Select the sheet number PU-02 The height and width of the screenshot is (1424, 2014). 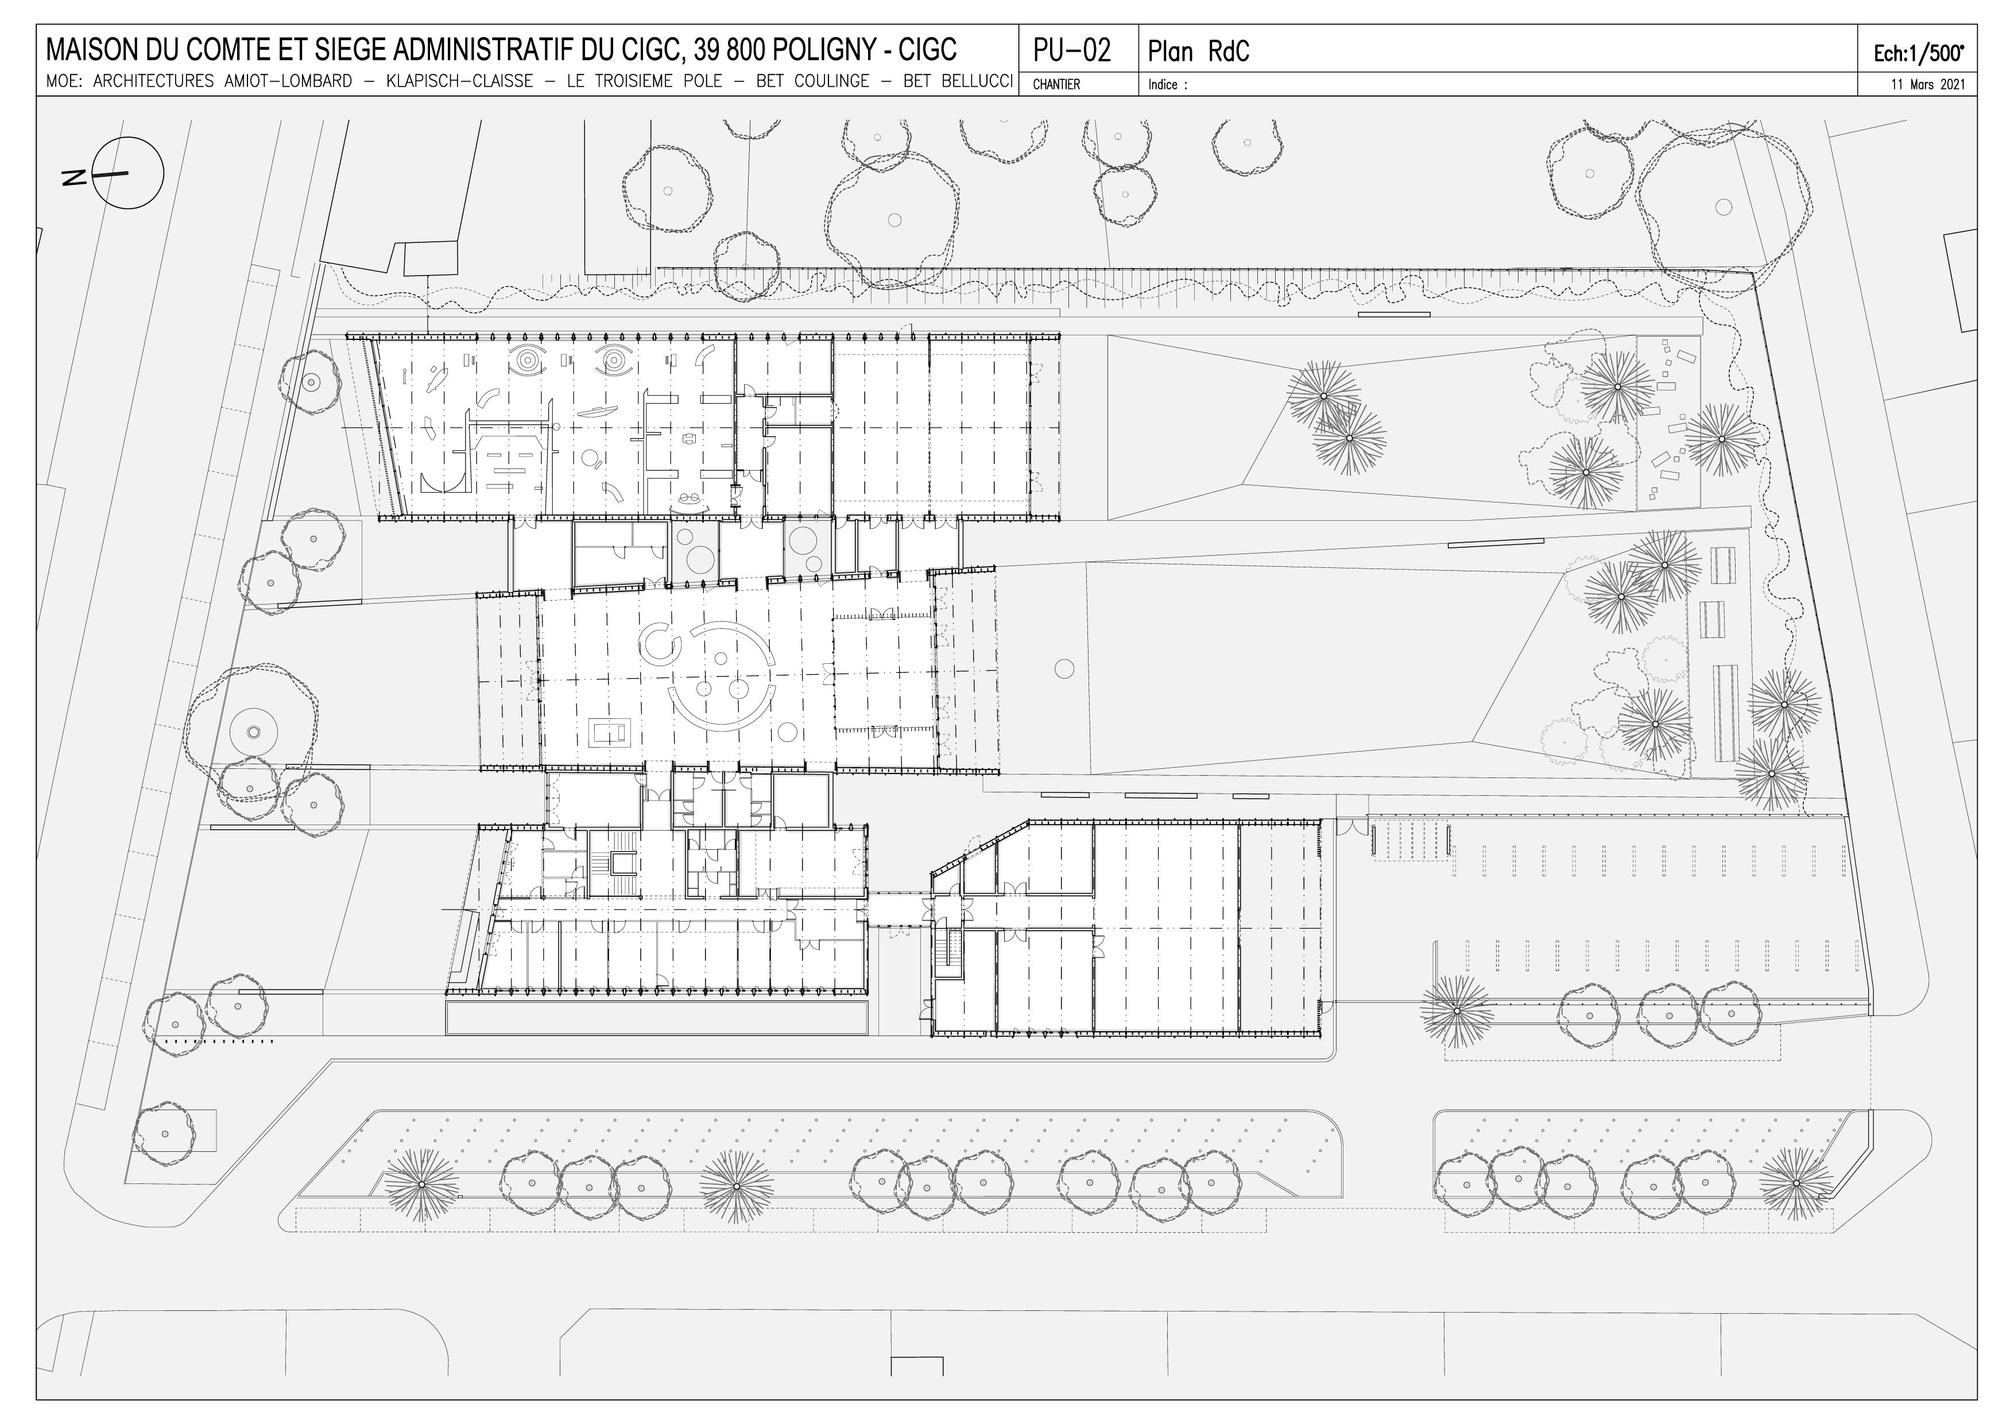tap(1072, 50)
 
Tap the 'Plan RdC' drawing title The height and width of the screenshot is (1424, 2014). tap(1198, 52)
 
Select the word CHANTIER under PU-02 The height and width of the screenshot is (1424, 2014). tap(1056, 85)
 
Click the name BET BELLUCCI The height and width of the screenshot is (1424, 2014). tap(959, 82)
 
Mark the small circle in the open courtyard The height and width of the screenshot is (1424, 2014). tap(1064, 668)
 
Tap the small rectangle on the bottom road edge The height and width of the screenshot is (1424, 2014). tap(917, 1390)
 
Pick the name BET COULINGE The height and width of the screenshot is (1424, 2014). tap(813, 82)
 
